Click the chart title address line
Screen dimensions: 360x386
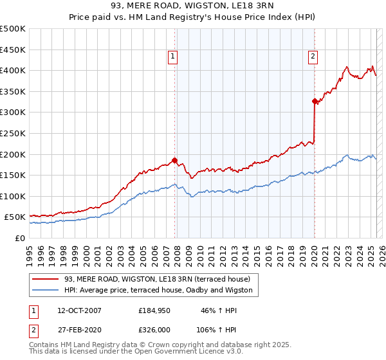192,6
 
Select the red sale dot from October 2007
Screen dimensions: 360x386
174,161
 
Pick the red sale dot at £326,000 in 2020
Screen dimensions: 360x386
315,101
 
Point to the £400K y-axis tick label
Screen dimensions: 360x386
13,70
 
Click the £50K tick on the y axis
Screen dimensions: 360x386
15,217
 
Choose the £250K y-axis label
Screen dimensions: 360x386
13,133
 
